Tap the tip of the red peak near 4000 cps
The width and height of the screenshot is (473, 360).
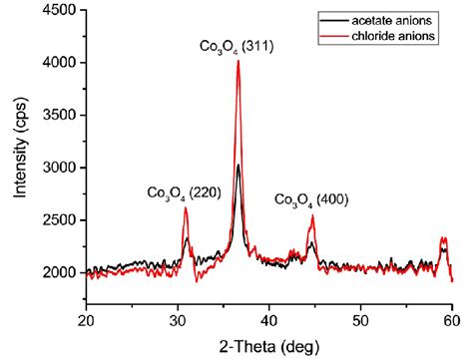coord(238,62)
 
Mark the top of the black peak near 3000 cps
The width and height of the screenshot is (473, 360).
coord(238,166)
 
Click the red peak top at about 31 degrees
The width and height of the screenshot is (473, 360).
coord(186,207)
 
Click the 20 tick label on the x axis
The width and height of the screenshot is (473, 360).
coord(86,320)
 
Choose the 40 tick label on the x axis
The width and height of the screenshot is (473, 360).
coord(268,320)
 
